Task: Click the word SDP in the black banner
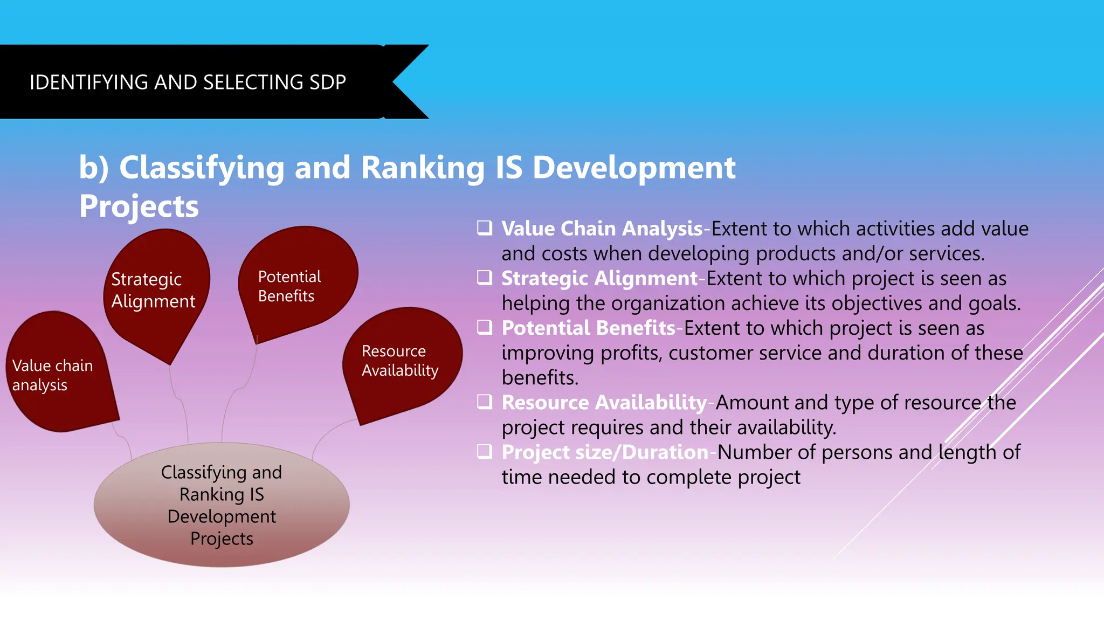tap(327, 82)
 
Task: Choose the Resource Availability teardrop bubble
tap(402, 361)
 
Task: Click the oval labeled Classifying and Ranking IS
tap(222, 505)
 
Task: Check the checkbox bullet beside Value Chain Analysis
tap(485, 228)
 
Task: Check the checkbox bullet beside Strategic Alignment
tap(485, 278)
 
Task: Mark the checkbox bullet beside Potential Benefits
tap(485, 327)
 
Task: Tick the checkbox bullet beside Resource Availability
tap(485, 402)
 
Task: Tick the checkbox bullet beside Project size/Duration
tap(485, 451)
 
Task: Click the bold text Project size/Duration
tap(605, 452)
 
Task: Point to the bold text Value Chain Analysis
tap(602, 229)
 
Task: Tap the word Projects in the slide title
tap(139, 206)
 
